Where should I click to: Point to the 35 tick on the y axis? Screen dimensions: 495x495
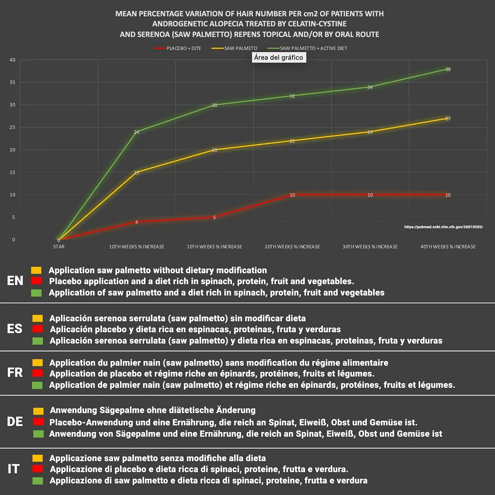(12, 82)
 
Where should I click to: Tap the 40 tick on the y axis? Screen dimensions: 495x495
(12, 60)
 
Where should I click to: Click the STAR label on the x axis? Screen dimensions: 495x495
(59, 247)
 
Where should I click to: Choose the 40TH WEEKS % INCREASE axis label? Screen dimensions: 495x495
(448, 247)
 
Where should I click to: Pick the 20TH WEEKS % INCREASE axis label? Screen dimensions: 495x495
(292, 247)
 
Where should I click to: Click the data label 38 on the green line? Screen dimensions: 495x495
(448, 69)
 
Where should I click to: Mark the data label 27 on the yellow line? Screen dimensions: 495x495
(448, 118)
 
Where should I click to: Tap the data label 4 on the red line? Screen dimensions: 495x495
(136, 222)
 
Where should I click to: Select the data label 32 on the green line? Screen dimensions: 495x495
(292, 96)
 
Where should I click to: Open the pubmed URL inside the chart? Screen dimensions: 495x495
(443, 227)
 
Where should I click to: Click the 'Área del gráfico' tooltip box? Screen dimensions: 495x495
(279, 57)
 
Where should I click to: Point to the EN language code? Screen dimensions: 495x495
(15, 281)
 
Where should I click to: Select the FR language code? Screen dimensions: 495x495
(15, 372)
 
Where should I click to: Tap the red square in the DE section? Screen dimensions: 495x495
(39, 422)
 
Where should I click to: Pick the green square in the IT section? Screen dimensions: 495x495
(38, 481)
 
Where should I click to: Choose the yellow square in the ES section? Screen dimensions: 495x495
(38, 318)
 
